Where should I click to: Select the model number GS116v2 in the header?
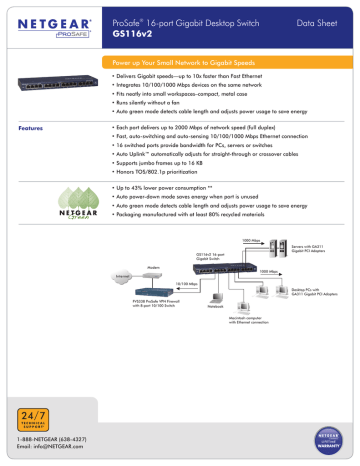[x=131, y=31]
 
